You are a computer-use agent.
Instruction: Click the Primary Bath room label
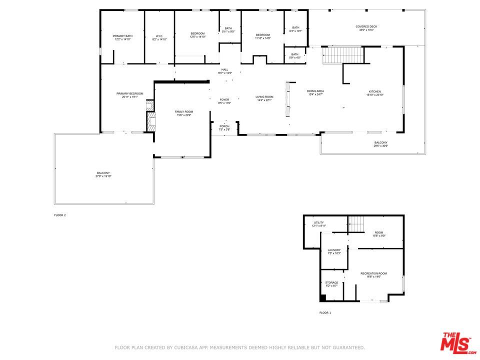tap(122, 37)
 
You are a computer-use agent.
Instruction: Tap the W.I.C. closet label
tap(159, 37)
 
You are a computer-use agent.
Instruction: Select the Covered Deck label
tap(366, 28)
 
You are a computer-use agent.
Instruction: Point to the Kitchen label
tap(375, 93)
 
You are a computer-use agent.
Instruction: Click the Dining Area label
tap(315, 92)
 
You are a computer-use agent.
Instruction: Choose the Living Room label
tap(264, 98)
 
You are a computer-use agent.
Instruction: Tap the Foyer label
tap(224, 101)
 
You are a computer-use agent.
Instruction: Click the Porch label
tap(224, 127)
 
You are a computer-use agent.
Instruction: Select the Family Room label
tap(183, 113)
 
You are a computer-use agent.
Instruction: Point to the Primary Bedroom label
tap(129, 95)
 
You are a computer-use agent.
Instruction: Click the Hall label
tap(224, 71)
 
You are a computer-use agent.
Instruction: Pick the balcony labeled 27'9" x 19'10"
tap(103, 174)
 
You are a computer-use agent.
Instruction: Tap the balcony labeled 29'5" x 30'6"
tap(380, 144)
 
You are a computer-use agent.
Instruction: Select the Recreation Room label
tap(374, 274)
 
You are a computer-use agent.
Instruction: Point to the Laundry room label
tap(334, 251)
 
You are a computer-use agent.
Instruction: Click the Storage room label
tap(332, 284)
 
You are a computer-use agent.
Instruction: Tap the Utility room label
tap(319, 224)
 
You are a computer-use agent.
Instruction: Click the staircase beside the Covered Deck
tap(342, 54)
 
